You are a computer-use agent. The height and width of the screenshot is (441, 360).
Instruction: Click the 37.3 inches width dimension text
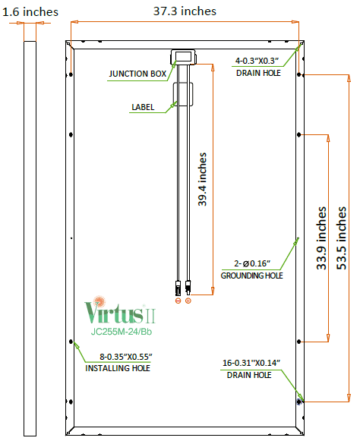coord(185,11)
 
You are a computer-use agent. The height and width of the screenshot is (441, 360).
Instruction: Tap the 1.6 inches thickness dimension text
coord(30,12)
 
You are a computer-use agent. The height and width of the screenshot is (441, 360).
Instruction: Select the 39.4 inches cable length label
coord(202,179)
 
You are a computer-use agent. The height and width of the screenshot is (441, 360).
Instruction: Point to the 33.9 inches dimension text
coord(321,238)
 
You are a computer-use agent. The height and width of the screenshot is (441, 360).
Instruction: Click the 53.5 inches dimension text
coord(341,238)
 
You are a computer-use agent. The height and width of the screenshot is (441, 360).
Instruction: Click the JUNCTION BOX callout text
coord(137,74)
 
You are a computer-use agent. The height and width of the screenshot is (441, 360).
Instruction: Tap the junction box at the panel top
coord(183,57)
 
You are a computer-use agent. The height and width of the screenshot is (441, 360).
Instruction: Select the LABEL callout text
coord(143,107)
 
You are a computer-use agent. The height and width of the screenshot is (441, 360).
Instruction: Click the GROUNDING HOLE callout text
coord(251,276)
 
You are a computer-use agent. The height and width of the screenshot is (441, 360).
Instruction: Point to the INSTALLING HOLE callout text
coord(118,368)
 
